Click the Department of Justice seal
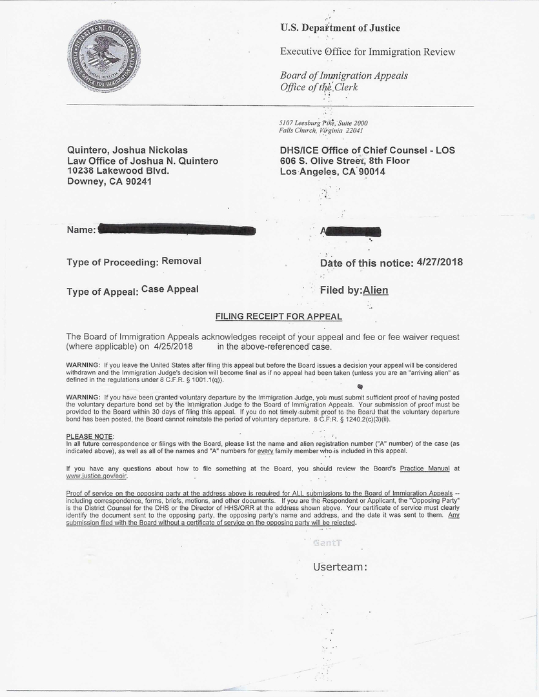[103, 56]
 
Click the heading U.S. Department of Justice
[340, 28]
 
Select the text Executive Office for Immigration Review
[367, 52]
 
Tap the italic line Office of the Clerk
[318, 87]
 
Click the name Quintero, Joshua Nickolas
[128, 150]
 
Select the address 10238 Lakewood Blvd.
[118, 171]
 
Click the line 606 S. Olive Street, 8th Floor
[345, 161]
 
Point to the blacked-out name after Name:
[177, 230]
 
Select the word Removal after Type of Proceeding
[181, 261]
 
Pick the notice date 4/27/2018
[440, 262]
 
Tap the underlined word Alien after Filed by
[376, 290]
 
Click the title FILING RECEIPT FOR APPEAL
[278, 317]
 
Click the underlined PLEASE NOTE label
[89, 436]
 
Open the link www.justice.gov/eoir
[96, 476]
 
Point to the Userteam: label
[340, 567]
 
